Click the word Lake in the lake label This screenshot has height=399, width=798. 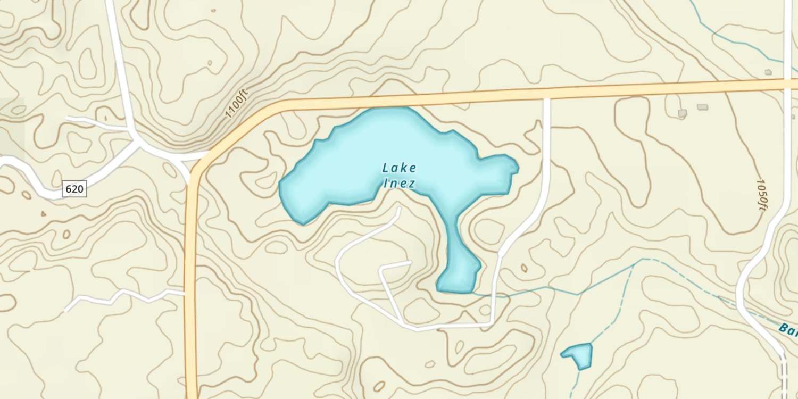[399, 168]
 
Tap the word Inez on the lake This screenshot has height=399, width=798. [399, 184]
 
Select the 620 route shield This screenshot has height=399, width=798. [74, 189]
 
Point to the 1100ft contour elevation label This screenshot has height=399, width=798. [236, 105]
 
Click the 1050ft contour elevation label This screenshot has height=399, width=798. [761, 195]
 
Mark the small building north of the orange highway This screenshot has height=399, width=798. [768, 72]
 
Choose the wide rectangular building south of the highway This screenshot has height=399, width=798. [702, 107]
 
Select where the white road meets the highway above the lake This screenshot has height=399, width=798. [546, 96]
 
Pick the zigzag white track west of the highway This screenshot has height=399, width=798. [122, 296]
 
